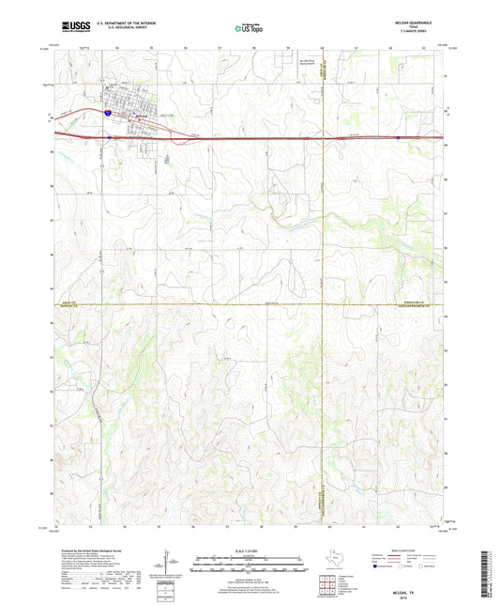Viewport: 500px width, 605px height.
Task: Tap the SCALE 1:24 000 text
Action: tap(249, 550)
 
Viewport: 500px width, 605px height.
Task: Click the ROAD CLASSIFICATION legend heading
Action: tap(418, 548)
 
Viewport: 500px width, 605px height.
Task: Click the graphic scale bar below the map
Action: tap(249, 564)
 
